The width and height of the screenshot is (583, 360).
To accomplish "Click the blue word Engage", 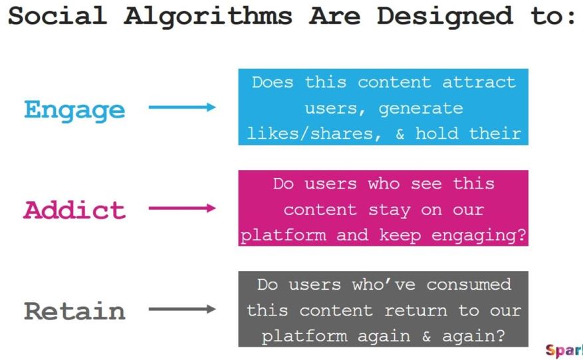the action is (x=74, y=110).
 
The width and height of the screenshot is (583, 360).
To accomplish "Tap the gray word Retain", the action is (x=74, y=311).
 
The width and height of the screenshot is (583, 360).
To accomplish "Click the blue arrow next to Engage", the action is (x=182, y=108).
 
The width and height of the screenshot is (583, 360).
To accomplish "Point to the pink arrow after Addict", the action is (x=182, y=208).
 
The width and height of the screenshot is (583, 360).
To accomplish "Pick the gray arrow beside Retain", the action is (x=182, y=309).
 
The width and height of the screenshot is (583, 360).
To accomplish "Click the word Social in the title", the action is (x=57, y=16).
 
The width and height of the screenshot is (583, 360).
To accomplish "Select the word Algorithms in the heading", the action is (x=208, y=17).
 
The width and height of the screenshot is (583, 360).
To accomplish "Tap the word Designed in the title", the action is (x=445, y=17).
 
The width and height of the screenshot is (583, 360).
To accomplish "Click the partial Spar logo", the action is (x=564, y=350).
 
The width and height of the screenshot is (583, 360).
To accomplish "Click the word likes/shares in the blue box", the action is (x=314, y=134).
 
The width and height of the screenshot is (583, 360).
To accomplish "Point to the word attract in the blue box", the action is (x=479, y=82).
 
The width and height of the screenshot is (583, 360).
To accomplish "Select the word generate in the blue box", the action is (x=421, y=109).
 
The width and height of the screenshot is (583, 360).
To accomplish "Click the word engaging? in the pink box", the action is (x=479, y=236).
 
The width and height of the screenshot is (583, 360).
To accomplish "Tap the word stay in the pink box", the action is (x=390, y=211).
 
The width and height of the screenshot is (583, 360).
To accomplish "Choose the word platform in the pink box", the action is (x=283, y=235).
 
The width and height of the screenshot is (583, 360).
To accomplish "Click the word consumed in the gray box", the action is (x=469, y=284).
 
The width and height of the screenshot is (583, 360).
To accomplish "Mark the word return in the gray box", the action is (x=415, y=311).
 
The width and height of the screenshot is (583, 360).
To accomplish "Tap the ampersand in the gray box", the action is (x=427, y=336).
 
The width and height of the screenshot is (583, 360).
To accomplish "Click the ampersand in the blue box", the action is (x=400, y=134).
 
